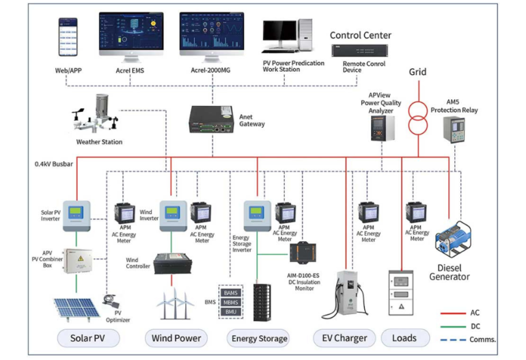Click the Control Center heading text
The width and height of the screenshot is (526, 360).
coord(360,35)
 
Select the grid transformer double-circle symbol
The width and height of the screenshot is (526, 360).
coord(417,116)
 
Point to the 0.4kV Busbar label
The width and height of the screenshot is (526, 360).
coord(57,164)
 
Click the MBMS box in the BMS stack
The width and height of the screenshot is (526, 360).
coord(231,302)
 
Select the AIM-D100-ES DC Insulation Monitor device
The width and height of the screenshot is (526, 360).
coord(302,252)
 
